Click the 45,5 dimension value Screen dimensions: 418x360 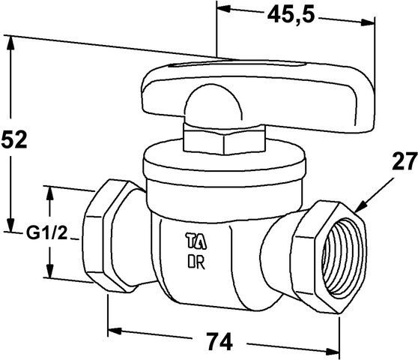291,14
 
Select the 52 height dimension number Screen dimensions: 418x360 14,139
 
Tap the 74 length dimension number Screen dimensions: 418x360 220,340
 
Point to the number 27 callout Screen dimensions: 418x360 404,160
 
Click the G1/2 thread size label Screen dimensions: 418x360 46,233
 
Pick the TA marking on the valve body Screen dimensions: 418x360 196,241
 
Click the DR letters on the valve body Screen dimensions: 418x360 196,262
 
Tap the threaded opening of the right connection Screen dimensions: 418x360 343,258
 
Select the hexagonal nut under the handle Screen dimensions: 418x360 224,139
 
